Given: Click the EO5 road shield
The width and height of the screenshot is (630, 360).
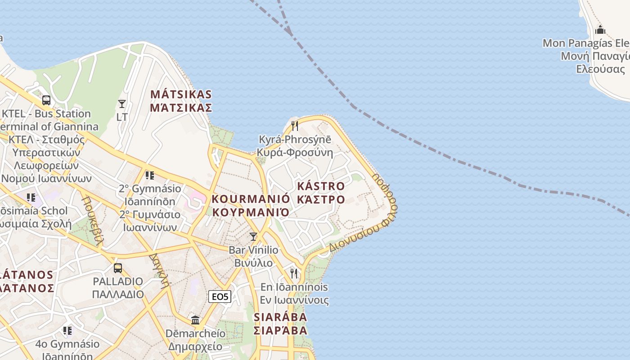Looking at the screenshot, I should pos(220,297).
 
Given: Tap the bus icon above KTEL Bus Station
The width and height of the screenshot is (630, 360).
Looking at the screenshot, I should pos(46,100).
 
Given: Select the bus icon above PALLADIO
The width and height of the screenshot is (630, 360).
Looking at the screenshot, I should pos(118,268).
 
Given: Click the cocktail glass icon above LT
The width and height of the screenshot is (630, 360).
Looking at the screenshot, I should pos(122,104).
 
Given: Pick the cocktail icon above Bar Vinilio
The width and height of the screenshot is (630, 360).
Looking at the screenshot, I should pos(253,236).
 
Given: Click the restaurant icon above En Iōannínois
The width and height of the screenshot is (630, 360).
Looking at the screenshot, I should pos(294,273).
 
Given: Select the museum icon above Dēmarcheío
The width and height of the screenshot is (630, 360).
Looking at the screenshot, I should pos(195,320).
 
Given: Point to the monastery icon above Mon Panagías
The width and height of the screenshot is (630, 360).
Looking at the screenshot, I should pos(600,30).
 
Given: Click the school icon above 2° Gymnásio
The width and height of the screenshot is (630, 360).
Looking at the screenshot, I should pos(149,175).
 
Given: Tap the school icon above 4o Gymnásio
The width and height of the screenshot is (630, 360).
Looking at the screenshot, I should pos(67,331).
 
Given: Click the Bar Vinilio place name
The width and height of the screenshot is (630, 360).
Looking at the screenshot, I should pos(253,250).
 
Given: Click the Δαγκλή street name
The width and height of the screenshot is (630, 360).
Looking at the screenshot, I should pos(160,270).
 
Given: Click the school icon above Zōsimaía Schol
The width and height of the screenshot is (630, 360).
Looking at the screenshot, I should pos(31,197).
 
